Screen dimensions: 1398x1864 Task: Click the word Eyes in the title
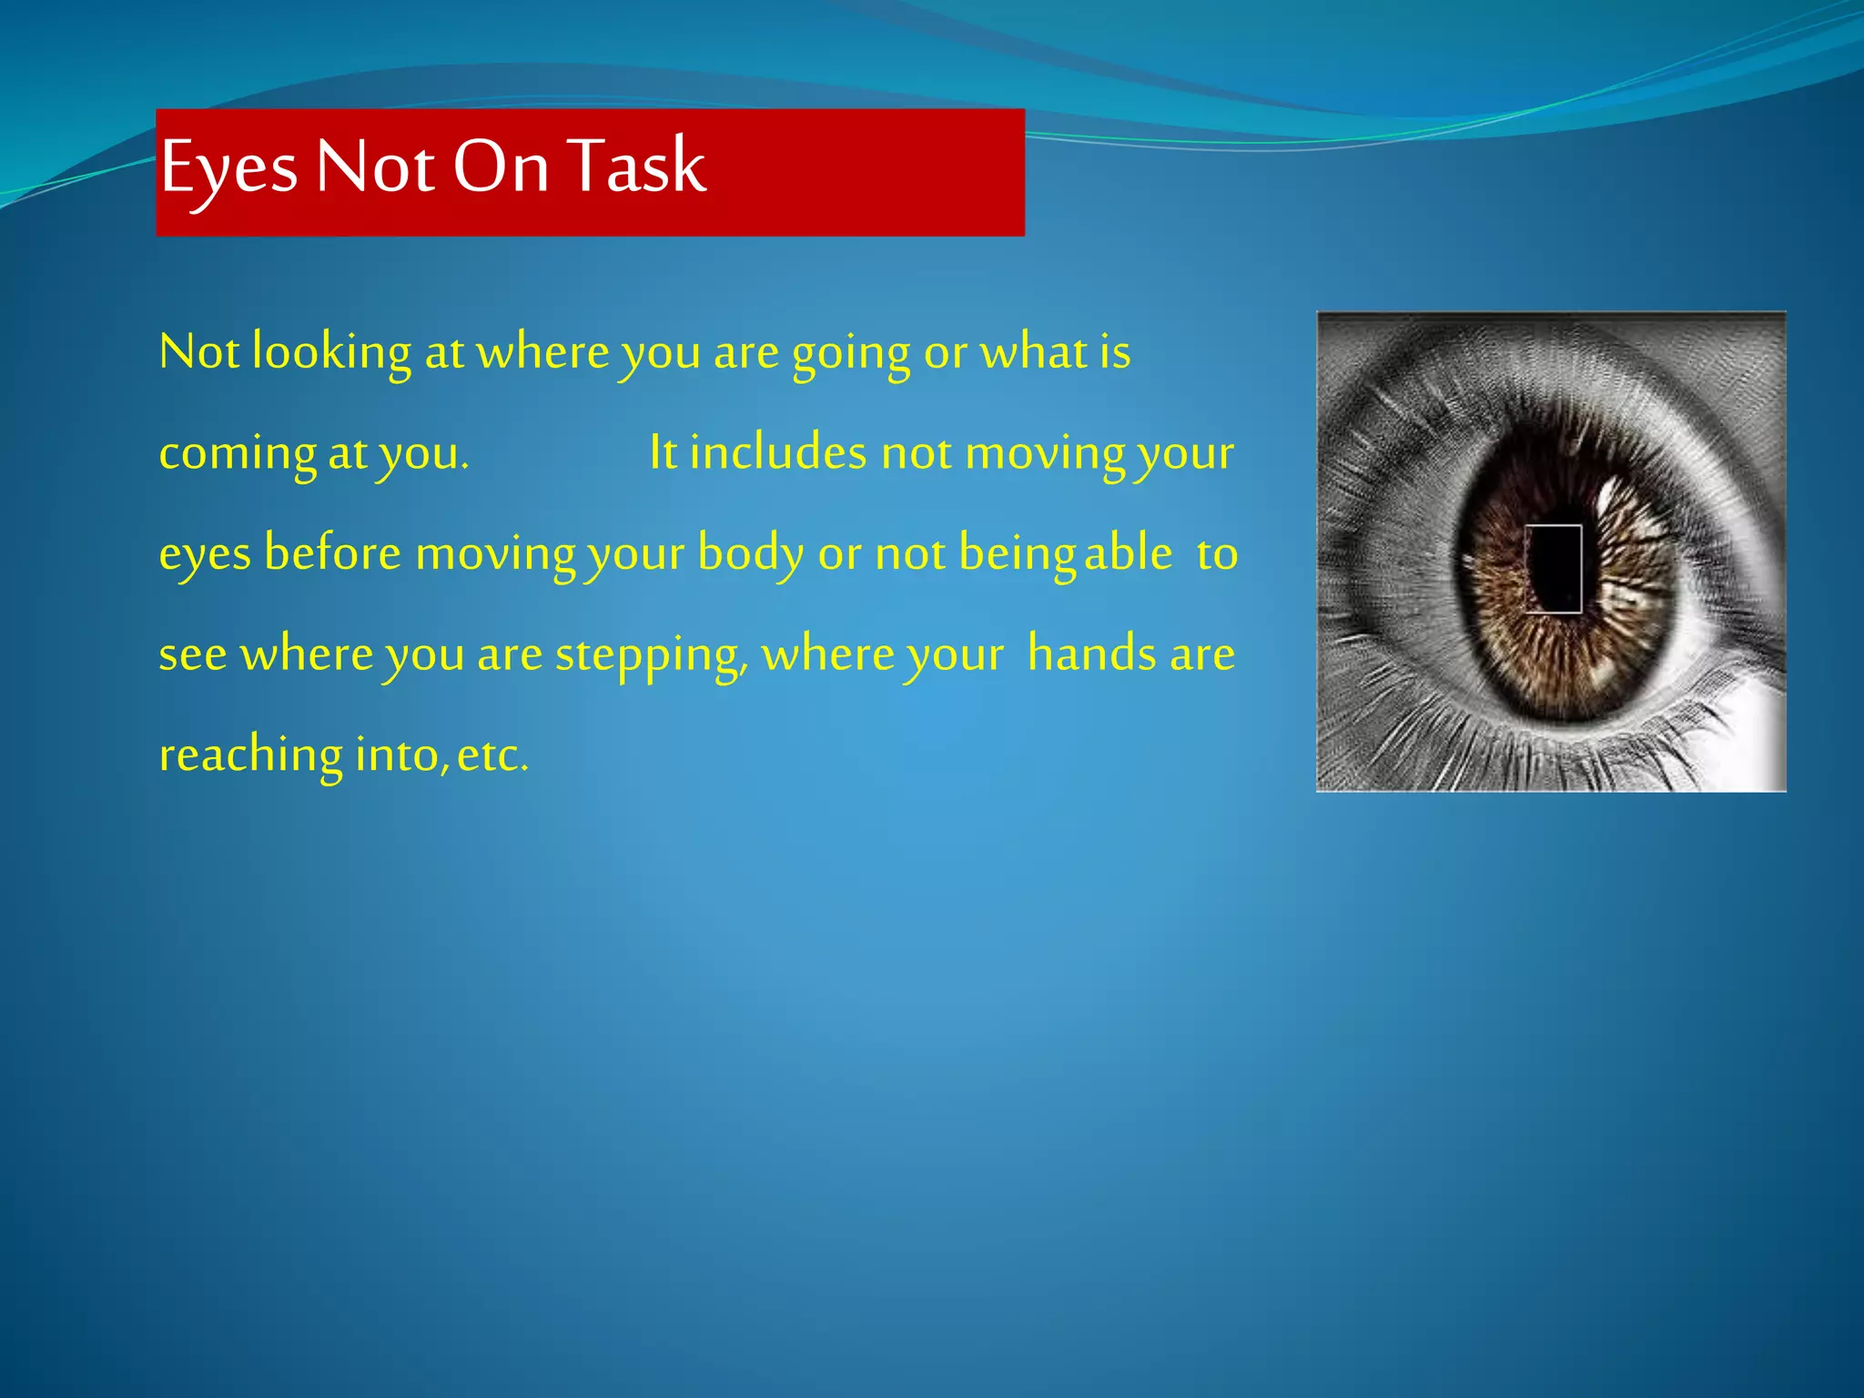pyautogui.click(x=228, y=169)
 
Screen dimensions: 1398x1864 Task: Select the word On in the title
pyautogui.click(x=501, y=167)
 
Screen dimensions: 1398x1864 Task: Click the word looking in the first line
pyautogui.click(x=331, y=353)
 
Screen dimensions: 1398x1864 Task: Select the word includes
pyautogui.click(x=777, y=452)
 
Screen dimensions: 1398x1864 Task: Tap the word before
pyautogui.click(x=332, y=553)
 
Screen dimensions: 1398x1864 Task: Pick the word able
pyautogui.click(x=1129, y=553)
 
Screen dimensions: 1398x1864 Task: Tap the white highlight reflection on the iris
pyautogui.click(x=1609, y=496)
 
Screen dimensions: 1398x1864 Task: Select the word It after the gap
pyautogui.click(x=663, y=452)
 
